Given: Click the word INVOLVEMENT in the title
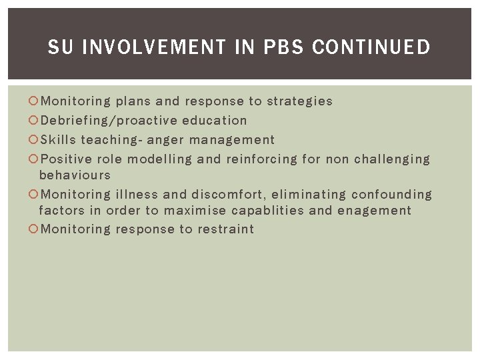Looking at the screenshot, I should [x=155, y=47].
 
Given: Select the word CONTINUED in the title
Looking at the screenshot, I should [x=371, y=47].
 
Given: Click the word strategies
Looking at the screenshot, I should [x=300, y=101].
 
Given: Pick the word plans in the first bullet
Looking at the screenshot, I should [x=133, y=101].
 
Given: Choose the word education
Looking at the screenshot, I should [x=215, y=121].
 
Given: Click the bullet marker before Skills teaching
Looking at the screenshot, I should [x=34, y=140].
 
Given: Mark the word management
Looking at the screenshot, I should [x=232, y=140].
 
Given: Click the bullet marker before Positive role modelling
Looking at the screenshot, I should [x=34, y=159].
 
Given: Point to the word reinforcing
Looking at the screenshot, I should [x=262, y=159].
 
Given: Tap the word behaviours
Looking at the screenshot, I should [x=75, y=175].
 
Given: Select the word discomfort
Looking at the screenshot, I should [x=231, y=195].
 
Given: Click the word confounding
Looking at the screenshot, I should [x=392, y=195].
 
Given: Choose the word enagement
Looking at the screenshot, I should [x=374, y=211].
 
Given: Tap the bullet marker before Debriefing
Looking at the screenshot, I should [x=34, y=121].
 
